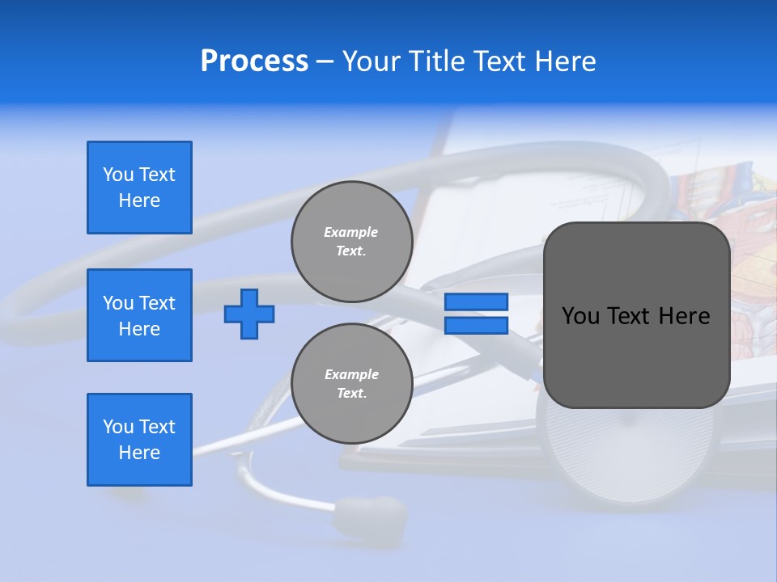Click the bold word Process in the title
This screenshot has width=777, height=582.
(254, 61)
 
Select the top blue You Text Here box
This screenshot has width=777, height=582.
(139, 188)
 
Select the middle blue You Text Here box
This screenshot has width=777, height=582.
(139, 315)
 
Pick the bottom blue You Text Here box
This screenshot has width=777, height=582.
(139, 440)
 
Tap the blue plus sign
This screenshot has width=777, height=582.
(249, 314)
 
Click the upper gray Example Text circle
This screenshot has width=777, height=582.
(351, 242)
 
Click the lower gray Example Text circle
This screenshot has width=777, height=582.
(351, 384)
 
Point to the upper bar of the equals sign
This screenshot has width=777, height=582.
(476, 302)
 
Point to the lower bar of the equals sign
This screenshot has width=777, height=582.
(476, 325)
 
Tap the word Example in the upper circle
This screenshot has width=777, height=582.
(351, 232)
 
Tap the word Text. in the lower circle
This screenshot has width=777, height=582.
(351, 394)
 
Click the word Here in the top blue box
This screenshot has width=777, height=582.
(139, 200)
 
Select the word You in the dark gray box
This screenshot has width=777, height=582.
(580, 316)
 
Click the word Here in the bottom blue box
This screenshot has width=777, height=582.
(139, 453)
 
